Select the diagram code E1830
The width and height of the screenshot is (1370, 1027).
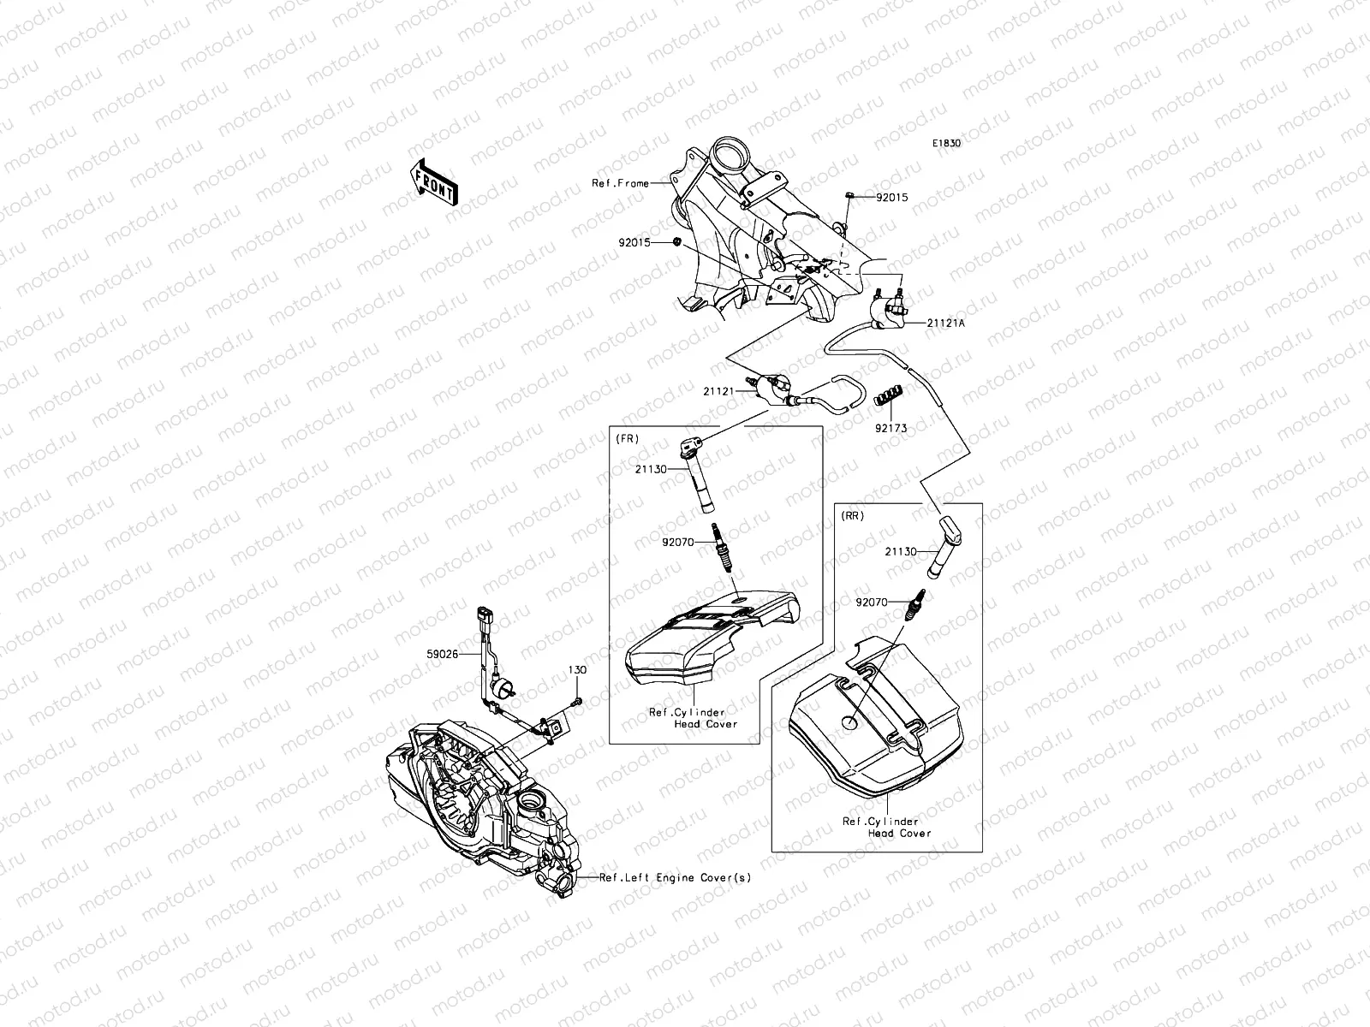946,144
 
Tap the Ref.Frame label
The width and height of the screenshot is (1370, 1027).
619,183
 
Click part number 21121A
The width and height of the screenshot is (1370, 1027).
946,324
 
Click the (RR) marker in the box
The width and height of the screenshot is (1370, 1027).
852,515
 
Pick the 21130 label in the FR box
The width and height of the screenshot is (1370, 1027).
652,469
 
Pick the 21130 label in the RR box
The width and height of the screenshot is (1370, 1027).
902,552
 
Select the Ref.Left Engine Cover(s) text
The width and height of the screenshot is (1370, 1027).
675,877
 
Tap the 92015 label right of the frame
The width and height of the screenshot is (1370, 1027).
891,198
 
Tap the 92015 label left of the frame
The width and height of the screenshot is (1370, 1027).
634,242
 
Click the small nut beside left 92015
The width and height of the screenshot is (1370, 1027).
676,243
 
